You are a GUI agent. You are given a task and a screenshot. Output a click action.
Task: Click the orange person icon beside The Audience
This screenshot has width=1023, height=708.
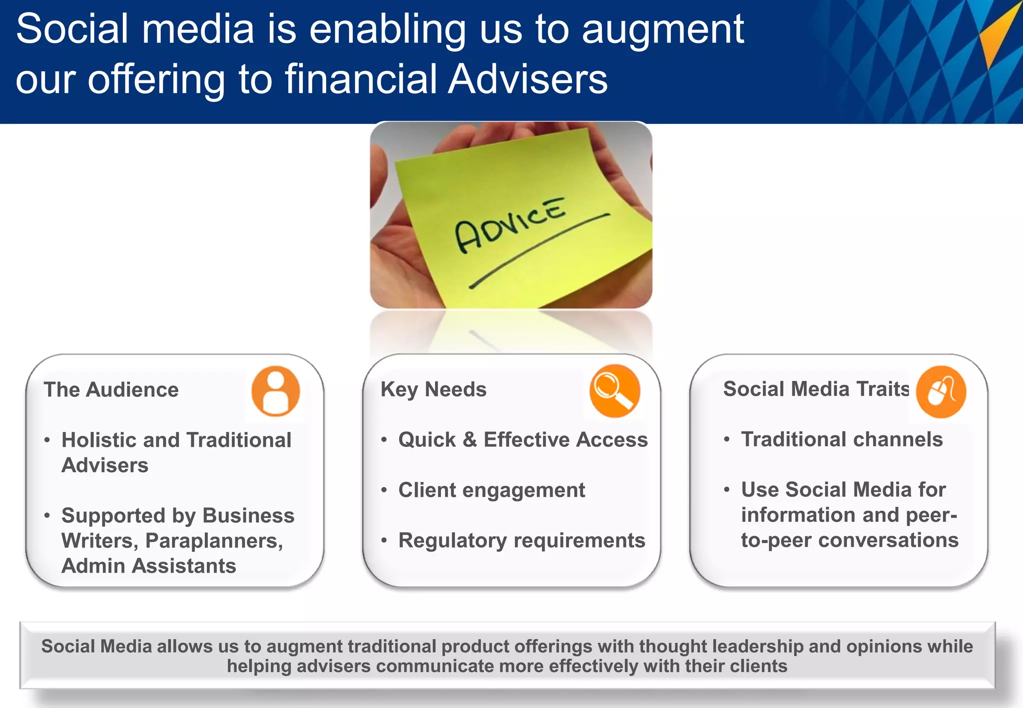coord(275,391)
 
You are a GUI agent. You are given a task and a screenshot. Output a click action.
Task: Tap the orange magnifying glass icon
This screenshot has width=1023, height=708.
coord(614,390)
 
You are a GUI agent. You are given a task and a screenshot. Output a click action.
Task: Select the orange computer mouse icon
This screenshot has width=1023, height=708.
coord(941,391)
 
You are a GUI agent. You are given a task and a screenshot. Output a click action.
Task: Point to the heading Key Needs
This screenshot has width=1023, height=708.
coord(433,389)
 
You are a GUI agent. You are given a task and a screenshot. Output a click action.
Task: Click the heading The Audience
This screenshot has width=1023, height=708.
coord(111,390)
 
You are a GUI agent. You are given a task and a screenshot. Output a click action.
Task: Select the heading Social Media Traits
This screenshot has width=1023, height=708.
coord(816,389)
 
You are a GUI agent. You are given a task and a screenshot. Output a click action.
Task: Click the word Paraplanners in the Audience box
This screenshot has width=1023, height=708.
coord(213,541)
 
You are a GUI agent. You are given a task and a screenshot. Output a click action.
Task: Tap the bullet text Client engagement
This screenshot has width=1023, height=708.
coord(492,490)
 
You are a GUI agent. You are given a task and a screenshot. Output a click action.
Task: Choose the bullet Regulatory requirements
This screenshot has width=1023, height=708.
coord(521,541)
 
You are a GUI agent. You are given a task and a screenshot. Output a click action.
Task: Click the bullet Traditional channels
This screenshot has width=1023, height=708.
coord(842,440)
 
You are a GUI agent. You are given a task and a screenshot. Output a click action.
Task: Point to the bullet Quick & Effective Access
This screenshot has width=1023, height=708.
coord(522,440)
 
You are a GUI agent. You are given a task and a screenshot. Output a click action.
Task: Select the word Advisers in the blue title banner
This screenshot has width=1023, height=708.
coord(527,79)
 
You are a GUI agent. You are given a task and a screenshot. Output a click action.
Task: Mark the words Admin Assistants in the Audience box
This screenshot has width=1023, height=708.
coord(148,566)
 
